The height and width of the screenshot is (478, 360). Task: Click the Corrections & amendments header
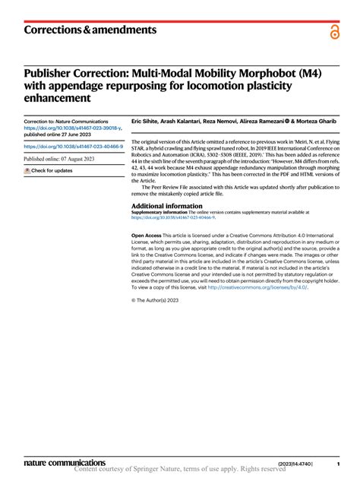click(x=90, y=30)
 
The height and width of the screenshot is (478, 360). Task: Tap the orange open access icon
click(x=335, y=31)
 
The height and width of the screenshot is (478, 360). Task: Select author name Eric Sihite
click(x=148, y=122)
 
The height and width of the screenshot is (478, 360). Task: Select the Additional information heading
click(x=166, y=205)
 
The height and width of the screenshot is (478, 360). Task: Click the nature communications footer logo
click(x=65, y=461)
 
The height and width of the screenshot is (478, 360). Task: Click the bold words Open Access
click(x=147, y=236)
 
